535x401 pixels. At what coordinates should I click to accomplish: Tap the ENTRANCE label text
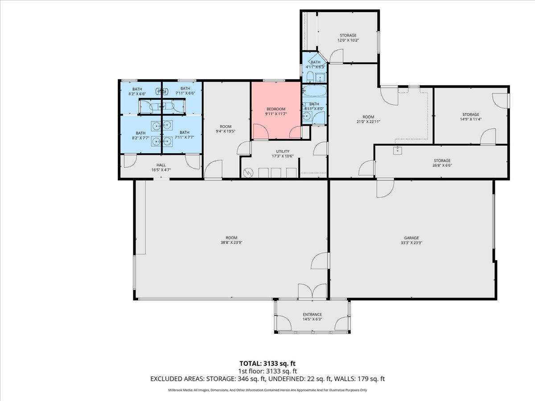pyautogui.click(x=312, y=315)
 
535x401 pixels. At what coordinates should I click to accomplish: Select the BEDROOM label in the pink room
pyautogui.click(x=276, y=109)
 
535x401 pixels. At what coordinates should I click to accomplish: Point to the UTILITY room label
pyautogui.click(x=282, y=151)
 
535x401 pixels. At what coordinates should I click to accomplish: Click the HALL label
pyautogui.click(x=161, y=165)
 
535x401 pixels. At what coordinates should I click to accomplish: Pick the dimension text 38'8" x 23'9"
pyautogui.click(x=231, y=243)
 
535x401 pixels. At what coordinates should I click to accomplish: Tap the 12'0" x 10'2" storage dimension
pyautogui.click(x=348, y=41)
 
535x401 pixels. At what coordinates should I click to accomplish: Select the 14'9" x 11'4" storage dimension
pyautogui.click(x=470, y=119)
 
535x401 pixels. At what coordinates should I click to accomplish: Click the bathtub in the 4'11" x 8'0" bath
pyautogui.click(x=315, y=92)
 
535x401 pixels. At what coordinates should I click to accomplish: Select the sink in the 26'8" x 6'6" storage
pyautogui.click(x=397, y=151)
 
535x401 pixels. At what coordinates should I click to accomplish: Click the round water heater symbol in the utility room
pyautogui.click(x=248, y=172)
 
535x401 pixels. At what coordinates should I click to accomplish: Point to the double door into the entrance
pyautogui.click(x=312, y=292)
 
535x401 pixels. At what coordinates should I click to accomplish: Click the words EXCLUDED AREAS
pyautogui.click(x=176, y=379)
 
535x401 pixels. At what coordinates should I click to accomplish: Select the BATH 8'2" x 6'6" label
pyautogui.click(x=137, y=91)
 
